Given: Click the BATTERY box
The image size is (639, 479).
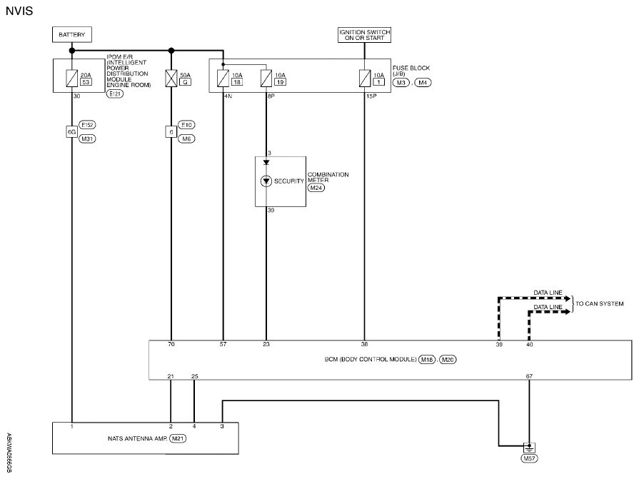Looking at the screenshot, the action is point(71,34).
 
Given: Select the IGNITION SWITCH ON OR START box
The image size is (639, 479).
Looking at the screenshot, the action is point(364,34).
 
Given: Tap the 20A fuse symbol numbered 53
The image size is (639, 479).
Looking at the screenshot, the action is point(71,79).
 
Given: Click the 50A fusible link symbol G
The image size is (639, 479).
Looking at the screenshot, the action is point(171,79).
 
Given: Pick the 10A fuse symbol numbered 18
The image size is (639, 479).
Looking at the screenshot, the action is point(223,79).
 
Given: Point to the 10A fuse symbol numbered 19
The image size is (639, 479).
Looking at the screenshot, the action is point(266,79).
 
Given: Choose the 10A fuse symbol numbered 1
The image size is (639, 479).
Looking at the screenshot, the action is point(365,79).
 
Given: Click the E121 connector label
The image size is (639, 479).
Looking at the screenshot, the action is point(115,94).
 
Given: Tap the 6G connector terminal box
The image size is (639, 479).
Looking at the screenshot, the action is point(71,131).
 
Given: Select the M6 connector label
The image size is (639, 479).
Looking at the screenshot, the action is point(186,139).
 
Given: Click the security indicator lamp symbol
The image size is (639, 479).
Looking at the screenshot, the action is point(266,181).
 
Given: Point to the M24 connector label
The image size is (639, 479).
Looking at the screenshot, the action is point(316,188).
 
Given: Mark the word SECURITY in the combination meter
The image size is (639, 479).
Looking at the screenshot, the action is point(289,181).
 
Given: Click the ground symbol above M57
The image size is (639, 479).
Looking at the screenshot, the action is point(529,448).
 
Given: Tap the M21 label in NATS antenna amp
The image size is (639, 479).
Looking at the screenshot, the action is point(178,439).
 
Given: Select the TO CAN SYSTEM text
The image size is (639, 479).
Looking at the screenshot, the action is point(600,304).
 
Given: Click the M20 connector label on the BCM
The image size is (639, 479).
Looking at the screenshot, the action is point(448,360).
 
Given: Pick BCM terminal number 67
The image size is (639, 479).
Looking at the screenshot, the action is point(529,376).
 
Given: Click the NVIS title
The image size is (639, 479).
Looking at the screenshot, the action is point(19,11).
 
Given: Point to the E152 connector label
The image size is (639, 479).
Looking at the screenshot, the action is point(87,125).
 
